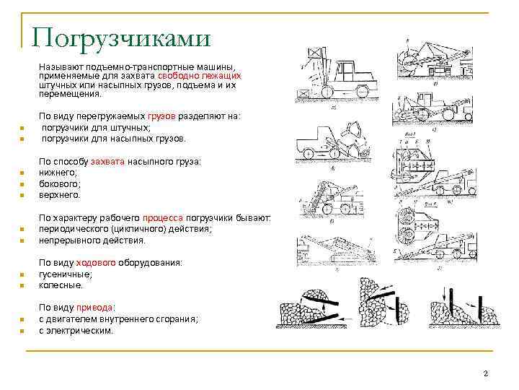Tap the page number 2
486,373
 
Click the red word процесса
163,217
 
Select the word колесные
61,285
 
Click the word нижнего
58,173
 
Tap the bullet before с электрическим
22,331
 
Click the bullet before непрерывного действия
22,240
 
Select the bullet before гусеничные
22,274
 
